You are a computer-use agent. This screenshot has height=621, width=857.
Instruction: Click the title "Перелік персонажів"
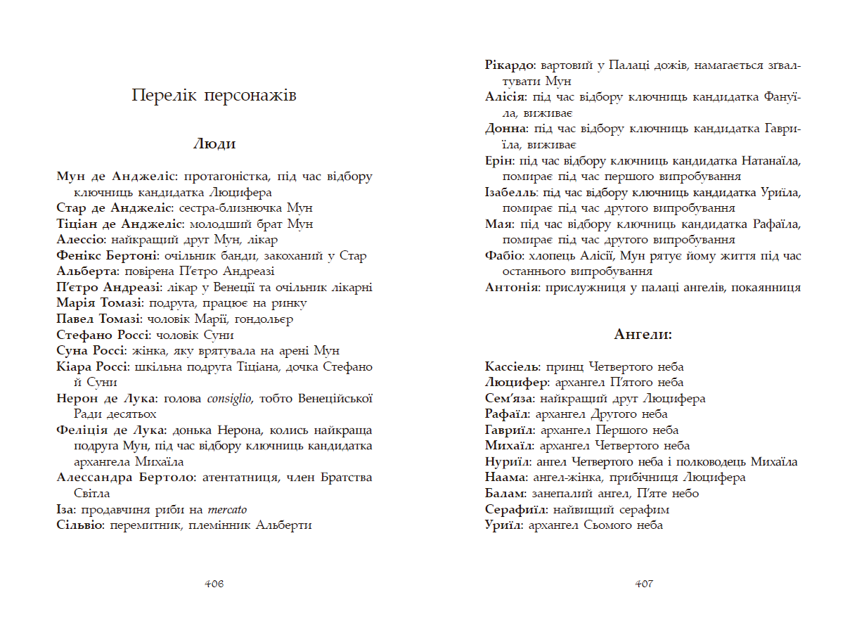(214, 95)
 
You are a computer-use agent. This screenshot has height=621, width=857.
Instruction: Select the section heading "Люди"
(214, 144)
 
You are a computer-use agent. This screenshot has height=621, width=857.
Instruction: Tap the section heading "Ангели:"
(643, 335)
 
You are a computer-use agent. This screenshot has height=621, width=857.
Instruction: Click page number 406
(214, 584)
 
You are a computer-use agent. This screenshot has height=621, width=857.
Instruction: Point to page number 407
(643, 584)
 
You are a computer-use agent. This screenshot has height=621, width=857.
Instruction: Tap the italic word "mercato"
(226, 510)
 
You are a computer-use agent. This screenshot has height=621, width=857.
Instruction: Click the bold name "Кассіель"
(512, 367)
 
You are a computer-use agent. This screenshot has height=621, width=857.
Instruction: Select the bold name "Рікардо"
(510, 65)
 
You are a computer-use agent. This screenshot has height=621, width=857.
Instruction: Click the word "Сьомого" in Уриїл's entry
(607, 525)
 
